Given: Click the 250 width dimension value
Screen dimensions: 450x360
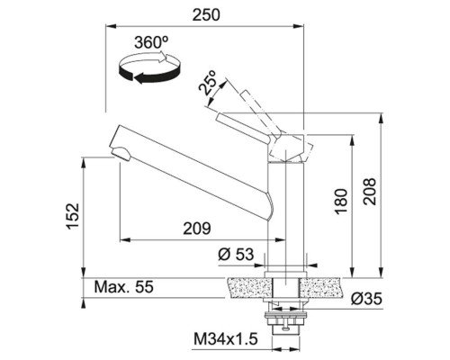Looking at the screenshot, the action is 206,15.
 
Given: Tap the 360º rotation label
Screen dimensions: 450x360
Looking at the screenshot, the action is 151,42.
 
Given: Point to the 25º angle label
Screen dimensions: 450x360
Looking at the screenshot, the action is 208,83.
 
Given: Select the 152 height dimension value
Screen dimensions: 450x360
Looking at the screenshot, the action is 73,216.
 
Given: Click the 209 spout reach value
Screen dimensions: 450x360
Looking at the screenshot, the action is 197,229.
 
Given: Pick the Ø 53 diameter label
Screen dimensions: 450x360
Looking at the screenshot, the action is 236,255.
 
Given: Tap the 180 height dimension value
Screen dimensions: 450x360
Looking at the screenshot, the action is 341,202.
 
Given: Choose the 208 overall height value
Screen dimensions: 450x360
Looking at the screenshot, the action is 369,192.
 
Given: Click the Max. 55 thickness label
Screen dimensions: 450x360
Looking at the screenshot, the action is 123,287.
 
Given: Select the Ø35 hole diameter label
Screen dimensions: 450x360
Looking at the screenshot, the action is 366,299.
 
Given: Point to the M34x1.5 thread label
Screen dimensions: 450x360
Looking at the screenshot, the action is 226,339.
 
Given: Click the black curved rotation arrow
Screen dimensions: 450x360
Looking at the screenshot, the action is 149,75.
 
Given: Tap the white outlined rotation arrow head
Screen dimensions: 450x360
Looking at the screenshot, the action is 161,57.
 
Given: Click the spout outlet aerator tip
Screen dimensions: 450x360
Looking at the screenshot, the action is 121,153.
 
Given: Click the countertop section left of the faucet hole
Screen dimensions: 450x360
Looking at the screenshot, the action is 249,288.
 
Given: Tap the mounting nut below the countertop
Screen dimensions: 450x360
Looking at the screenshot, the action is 285,322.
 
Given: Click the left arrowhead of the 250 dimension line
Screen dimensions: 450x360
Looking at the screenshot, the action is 111,27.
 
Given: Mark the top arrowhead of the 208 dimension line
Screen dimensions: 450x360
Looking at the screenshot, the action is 382,118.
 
